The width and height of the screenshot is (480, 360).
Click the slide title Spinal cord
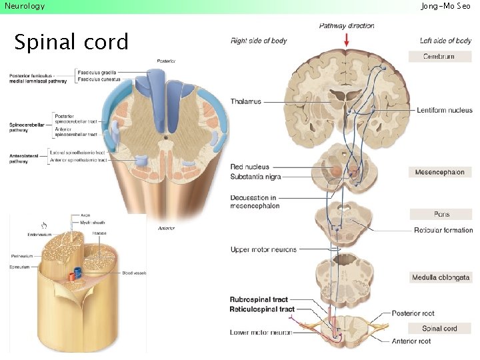(x=71, y=42)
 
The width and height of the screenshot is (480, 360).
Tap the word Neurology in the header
(x=25, y=6)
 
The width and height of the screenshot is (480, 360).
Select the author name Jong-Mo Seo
(x=445, y=6)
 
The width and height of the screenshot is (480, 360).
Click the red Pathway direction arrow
(x=346, y=40)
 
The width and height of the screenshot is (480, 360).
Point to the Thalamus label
(x=246, y=101)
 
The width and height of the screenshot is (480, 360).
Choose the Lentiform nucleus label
(x=444, y=110)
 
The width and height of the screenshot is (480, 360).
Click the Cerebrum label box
(x=439, y=57)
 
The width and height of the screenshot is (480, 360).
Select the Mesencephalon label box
(x=439, y=172)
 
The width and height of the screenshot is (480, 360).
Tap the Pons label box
(x=439, y=214)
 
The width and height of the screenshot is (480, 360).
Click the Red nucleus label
(x=250, y=167)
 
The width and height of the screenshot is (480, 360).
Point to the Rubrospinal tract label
(x=259, y=300)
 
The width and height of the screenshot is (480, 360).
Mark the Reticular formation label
(x=443, y=230)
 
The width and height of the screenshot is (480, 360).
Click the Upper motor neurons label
(x=263, y=249)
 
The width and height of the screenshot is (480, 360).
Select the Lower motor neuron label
(x=261, y=332)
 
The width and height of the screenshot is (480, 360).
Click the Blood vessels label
(x=134, y=273)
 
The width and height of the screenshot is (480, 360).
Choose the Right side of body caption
(x=259, y=41)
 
